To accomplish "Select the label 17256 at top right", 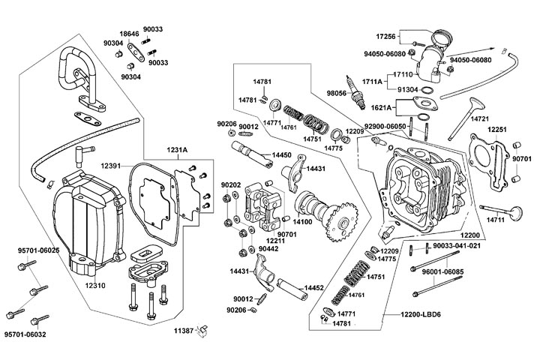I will click(x=385, y=35).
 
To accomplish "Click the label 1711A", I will click(x=373, y=80).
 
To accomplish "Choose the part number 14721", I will click(x=481, y=119).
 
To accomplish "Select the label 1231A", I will click(x=178, y=150).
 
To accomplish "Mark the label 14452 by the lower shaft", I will click(x=314, y=288).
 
